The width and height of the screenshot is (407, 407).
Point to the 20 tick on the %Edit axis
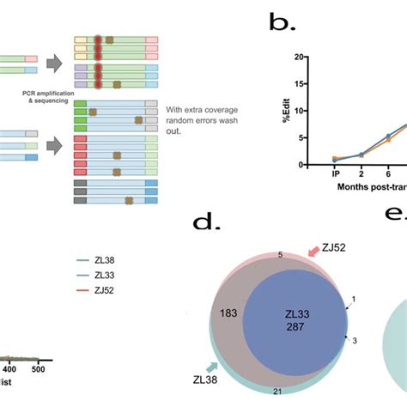[x=299, y=58]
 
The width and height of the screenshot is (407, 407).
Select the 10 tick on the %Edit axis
[x=299, y=111]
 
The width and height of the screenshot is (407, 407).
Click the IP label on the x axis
[x=337, y=173]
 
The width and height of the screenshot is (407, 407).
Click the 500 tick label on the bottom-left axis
[x=37, y=368]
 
